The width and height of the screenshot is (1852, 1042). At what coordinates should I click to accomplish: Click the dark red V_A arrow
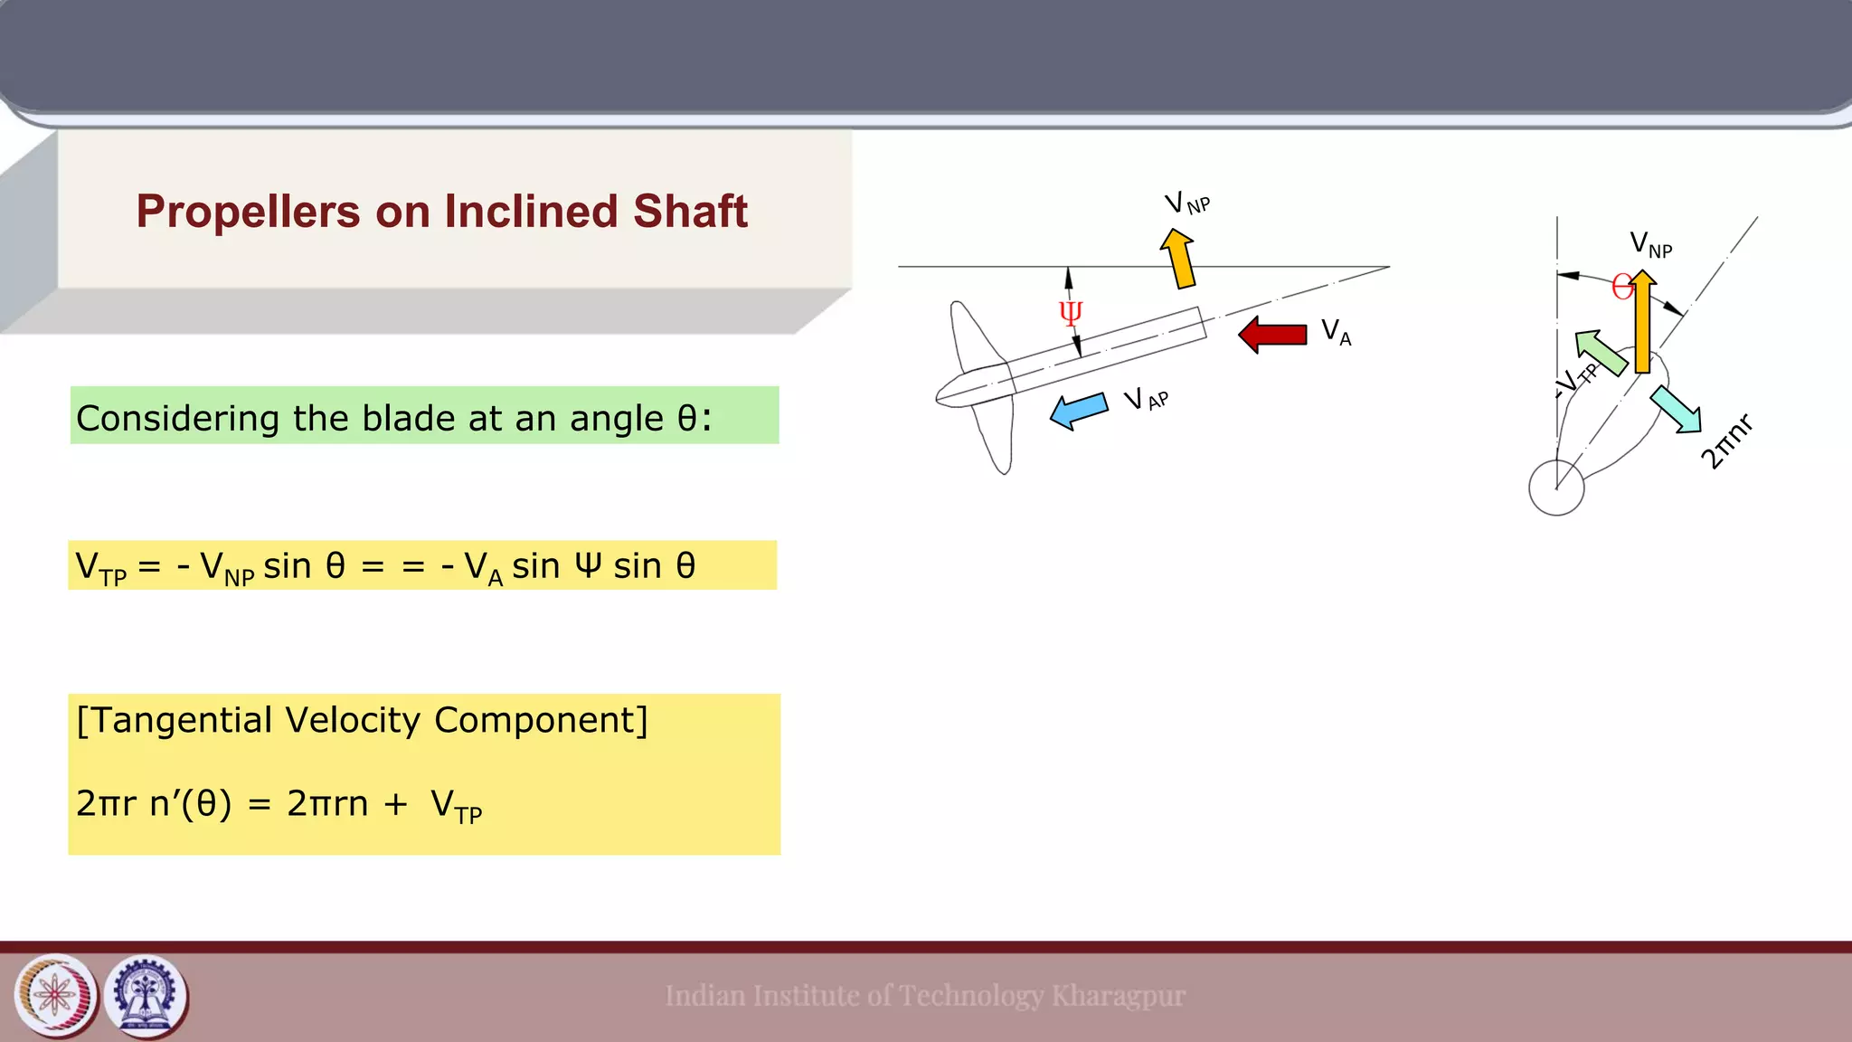pyautogui.click(x=1272, y=335)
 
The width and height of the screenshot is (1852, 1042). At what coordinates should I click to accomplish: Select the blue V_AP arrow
pyautogui.click(x=1079, y=410)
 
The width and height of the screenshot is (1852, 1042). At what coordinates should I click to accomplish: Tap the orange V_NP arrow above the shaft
pyautogui.click(x=1179, y=259)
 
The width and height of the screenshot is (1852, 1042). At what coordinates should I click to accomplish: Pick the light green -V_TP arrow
pyautogui.click(x=1601, y=352)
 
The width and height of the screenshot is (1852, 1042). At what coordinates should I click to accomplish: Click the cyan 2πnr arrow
pyautogui.click(x=1676, y=409)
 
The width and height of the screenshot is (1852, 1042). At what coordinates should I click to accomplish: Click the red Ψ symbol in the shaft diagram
pyautogui.click(x=1071, y=313)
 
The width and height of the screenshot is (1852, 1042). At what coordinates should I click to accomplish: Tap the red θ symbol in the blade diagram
pyautogui.click(x=1622, y=288)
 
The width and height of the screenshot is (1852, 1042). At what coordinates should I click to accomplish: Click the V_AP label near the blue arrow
pyautogui.click(x=1146, y=399)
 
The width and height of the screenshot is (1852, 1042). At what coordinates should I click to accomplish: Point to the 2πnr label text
pyautogui.click(x=1726, y=441)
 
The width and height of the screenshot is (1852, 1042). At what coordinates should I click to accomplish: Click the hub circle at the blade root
pyautogui.click(x=1556, y=488)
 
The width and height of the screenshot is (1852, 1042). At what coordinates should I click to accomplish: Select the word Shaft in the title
pyautogui.click(x=690, y=212)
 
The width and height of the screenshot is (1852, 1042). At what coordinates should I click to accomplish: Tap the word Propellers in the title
pyautogui.click(x=248, y=212)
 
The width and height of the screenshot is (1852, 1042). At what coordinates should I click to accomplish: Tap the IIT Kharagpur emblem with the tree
pyautogui.click(x=146, y=997)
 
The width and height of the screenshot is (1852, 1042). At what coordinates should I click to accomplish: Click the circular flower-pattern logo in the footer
pyautogui.click(x=56, y=997)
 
